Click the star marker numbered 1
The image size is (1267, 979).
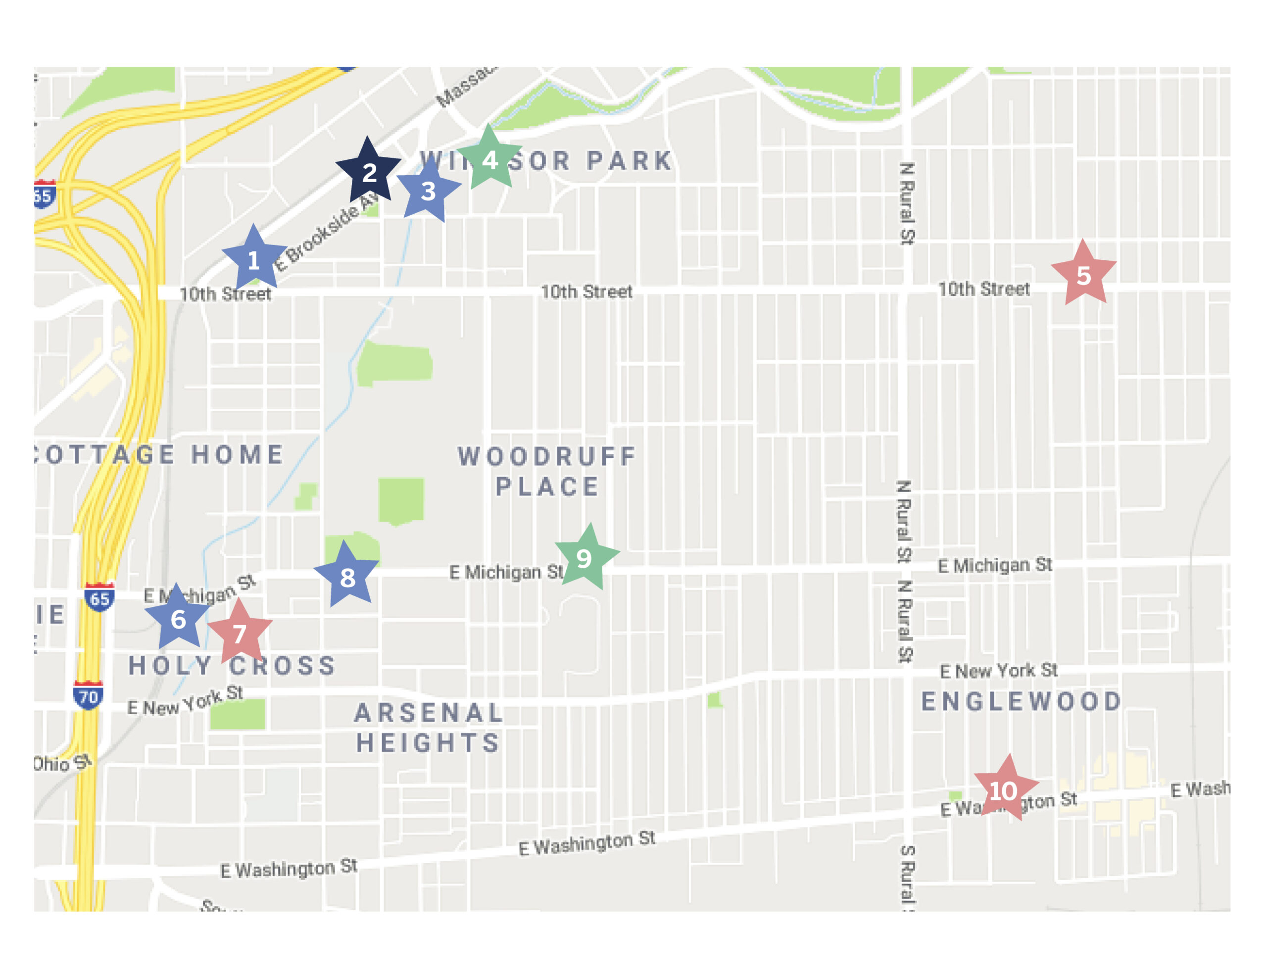point(253,259)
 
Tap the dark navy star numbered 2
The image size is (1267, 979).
point(368,172)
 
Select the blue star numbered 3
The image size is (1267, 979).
point(428,191)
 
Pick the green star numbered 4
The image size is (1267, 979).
point(489,159)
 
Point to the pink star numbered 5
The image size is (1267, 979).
point(1083,275)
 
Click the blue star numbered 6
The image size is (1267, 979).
point(178,619)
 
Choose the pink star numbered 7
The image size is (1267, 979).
point(240,633)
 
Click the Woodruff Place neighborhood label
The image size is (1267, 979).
point(546,471)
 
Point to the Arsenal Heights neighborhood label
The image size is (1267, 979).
point(428,727)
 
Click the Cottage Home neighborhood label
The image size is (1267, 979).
point(159,454)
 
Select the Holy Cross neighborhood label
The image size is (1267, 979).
point(232,665)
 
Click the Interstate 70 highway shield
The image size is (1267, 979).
point(88,695)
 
